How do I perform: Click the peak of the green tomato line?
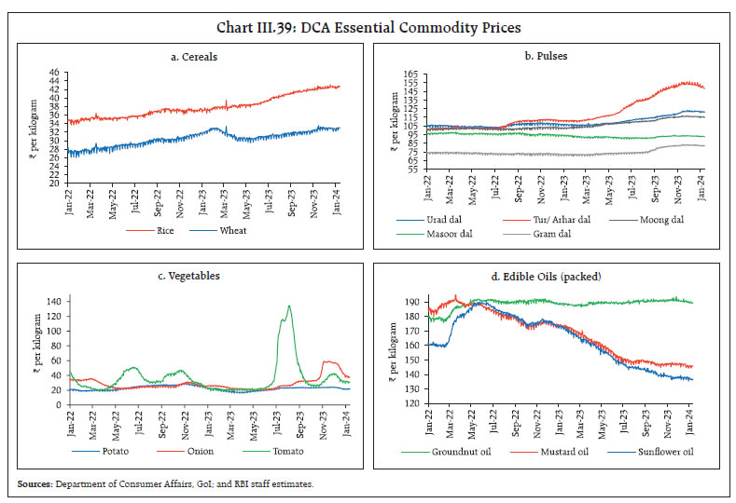pyautogui.click(x=289, y=306)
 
